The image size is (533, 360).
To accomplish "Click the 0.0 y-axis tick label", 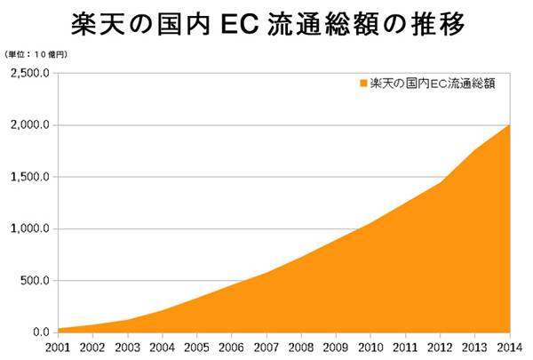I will click(x=40, y=332).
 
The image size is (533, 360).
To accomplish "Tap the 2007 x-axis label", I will click(x=266, y=348).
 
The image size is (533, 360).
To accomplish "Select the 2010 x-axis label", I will click(x=370, y=348).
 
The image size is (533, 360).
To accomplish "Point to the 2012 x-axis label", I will click(x=440, y=348).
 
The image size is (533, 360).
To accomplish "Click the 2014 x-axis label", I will click(x=509, y=348).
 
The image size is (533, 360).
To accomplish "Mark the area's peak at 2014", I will click(x=509, y=125).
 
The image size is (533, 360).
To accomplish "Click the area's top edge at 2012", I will click(x=440, y=182).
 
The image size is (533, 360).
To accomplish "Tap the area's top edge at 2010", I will click(x=370, y=223).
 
